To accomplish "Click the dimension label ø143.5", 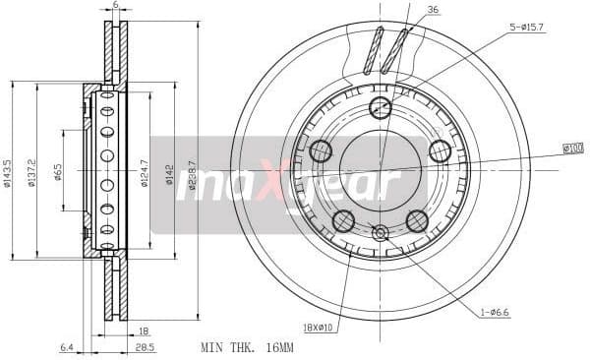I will [8, 173].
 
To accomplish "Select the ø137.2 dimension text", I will [32, 173].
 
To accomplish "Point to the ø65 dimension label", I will [59, 173].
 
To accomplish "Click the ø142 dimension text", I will [169, 174].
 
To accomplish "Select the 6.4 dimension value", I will [67, 346].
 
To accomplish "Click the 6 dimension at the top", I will [115, 6].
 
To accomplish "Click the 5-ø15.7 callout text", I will [526, 29].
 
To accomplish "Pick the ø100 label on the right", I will [572, 149].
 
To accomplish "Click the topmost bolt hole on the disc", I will [380, 108].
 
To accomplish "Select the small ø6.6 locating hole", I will [381, 233].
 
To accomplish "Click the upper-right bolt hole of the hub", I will [440, 151].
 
